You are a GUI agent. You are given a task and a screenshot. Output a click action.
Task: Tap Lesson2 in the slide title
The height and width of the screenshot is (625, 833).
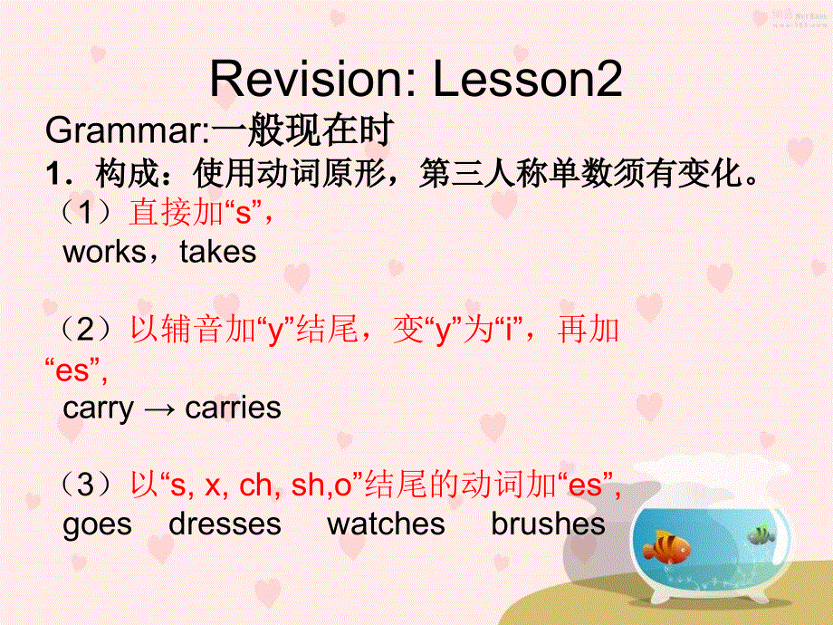pos(528,81)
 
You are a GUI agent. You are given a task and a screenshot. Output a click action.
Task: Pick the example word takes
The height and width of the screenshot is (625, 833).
pos(218,252)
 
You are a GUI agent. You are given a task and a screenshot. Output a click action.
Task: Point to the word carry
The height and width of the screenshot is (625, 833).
pos(98,408)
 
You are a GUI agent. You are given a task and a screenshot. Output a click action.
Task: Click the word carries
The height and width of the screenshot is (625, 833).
pos(233,408)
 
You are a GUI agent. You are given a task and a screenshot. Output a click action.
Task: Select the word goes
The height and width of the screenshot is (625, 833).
pos(97,524)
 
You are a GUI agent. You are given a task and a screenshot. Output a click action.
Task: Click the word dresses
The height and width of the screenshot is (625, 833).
pos(225,524)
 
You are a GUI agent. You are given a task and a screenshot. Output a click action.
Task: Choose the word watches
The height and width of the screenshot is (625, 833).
pos(386,524)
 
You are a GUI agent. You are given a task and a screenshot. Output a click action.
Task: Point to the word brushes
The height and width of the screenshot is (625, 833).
pos(548,524)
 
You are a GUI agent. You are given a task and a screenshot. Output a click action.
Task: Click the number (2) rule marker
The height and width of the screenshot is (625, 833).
pos(87,330)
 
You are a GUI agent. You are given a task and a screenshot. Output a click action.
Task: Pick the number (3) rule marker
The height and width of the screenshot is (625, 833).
pos(87,486)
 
